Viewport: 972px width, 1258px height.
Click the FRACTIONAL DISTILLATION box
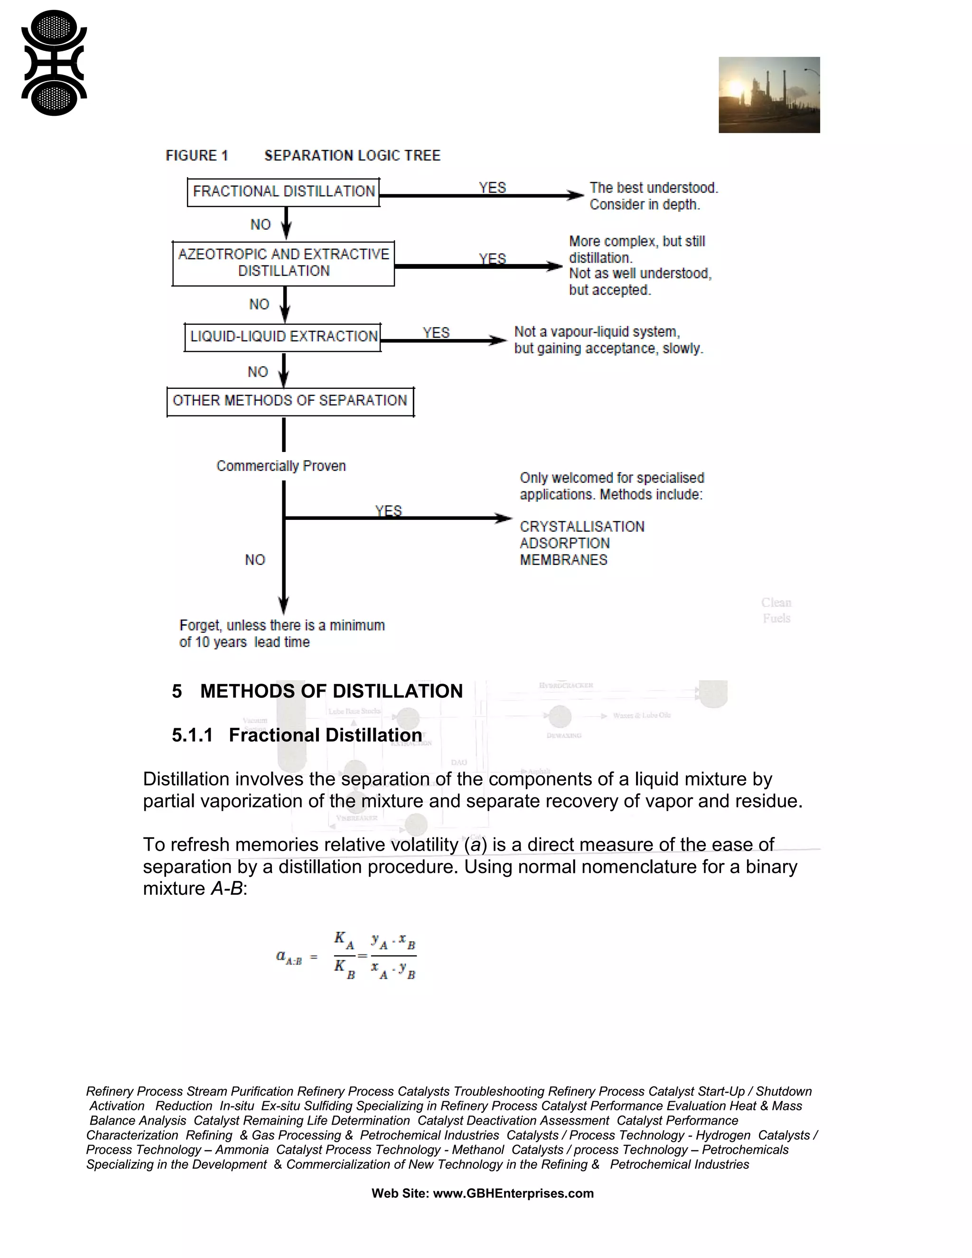(283, 192)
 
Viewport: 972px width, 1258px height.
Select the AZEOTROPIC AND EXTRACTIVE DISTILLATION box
(283, 263)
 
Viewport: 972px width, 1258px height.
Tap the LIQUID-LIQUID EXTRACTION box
(283, 337)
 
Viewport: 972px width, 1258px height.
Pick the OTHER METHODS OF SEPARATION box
(290, 401)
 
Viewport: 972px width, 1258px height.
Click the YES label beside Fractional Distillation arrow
(492, 188)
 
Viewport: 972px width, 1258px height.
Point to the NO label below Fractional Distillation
(260, 225)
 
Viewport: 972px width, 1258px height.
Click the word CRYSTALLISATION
(581, 526)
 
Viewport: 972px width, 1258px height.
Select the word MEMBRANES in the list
(563, 560)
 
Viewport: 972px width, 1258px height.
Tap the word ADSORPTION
(564, 543)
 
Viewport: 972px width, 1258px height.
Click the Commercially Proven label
(281, 466)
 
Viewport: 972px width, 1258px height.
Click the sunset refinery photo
(769, 95)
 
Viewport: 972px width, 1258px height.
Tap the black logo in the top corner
(54, 63)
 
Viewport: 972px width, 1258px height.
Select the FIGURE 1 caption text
(197, 156)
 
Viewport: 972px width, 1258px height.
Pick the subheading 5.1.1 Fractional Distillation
(297, 735)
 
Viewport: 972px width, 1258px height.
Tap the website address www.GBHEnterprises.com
(513, 1193)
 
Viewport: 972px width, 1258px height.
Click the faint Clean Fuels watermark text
(776, 610)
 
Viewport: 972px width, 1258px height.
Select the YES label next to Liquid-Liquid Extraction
(436, 333)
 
